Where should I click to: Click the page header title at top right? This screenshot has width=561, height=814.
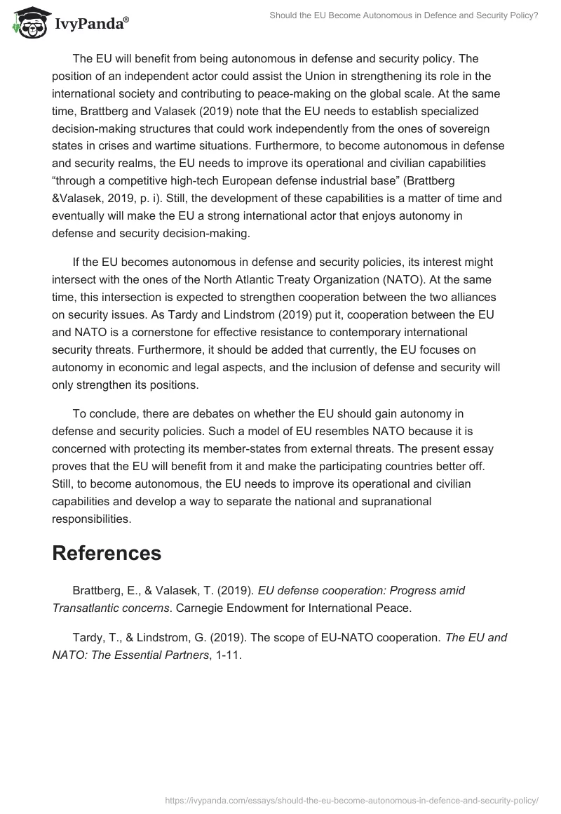coord(404,15)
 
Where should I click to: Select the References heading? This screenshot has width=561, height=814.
coord(107,552)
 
